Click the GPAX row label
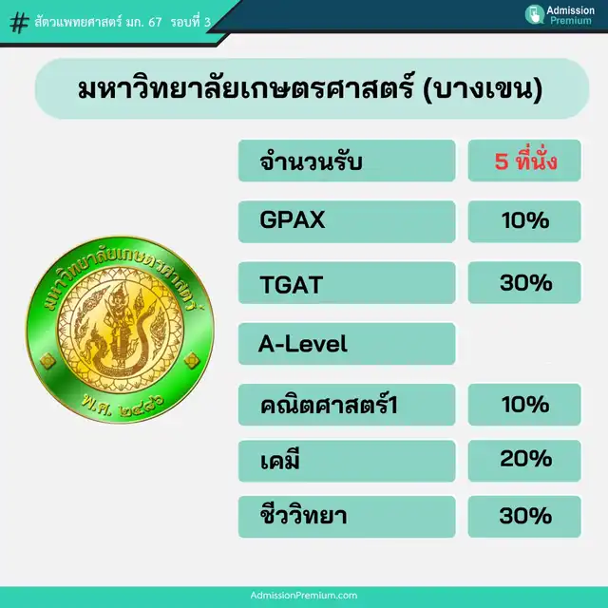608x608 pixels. [292, 219]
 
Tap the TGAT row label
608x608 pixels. [292, 284]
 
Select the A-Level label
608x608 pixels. [302, 344]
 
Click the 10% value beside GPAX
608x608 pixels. [525, 220]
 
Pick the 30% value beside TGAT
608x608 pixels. [525, 283]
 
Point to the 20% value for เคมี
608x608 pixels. [525, 459]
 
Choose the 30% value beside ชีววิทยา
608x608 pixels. [525, 515]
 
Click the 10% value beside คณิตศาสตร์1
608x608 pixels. [525, 405]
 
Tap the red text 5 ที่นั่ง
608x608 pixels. [525, 160]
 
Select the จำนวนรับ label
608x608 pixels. [311, 161]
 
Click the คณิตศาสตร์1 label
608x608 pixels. [329, 405]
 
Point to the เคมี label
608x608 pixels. [279, 461]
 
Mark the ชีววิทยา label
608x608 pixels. [303, 516]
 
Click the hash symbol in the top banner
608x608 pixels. [19, 23]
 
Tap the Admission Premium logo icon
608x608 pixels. [535, 15]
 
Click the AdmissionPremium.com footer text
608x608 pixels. [304, 596]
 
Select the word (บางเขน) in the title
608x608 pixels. [483, 89]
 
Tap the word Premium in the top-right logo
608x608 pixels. [571, 20]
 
